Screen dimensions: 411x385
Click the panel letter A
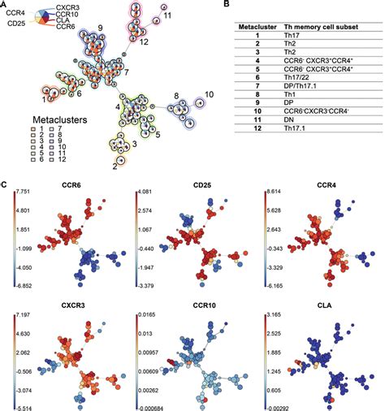coord(5,6)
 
